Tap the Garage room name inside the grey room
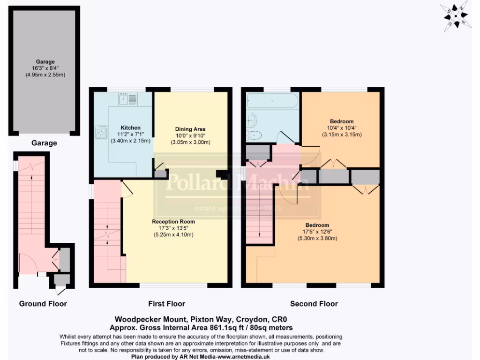click(45, 61)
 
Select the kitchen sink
click(127, 99)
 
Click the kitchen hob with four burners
click(101, 132)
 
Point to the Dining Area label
click(190, 129)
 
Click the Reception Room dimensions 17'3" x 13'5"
click(173, 228)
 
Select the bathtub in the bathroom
click(271, 101)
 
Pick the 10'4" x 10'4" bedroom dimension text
click(341, 128)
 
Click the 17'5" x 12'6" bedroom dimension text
click(317, 232)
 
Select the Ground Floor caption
click(43, 304)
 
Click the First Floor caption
click(166, 304)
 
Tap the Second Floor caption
click(314, 304)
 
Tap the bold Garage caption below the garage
click(44, 143)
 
